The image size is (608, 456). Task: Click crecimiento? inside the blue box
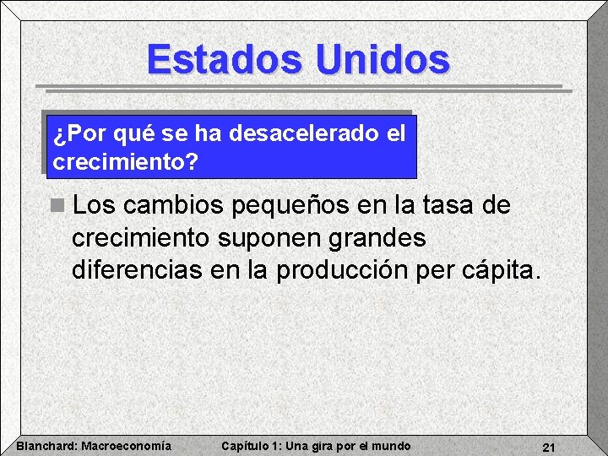(x=126, y=161)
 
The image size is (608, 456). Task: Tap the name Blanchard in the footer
(x=46, y=446)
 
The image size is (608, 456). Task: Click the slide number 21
(x=548, y=447)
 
